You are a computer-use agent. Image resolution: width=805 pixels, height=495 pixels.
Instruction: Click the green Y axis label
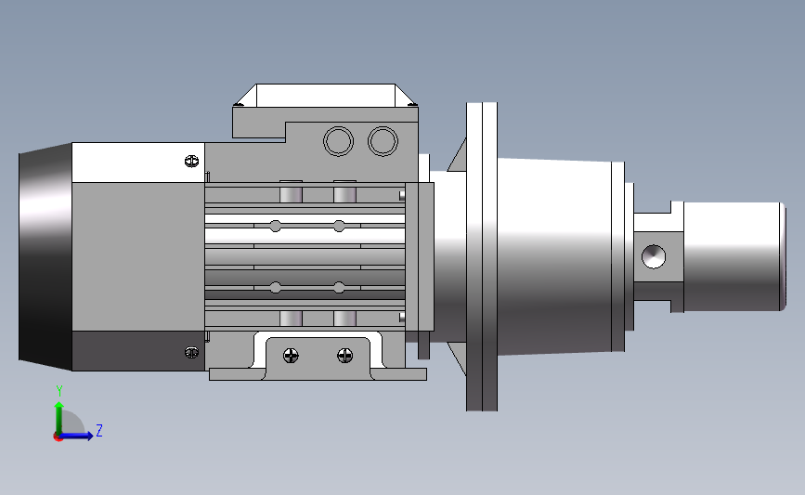59,391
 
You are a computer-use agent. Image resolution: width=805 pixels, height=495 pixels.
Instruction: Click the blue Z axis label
99,430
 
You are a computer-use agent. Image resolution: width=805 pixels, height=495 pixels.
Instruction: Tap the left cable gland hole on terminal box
338,141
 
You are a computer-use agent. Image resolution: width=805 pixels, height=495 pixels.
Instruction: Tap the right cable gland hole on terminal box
383,141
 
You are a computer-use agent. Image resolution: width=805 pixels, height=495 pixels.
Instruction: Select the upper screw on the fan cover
191,162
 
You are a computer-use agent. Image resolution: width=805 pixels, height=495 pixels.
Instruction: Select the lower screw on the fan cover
191,352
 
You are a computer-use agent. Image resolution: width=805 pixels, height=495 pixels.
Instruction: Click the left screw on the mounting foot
292,356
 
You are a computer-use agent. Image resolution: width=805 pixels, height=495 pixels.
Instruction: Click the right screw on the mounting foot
345,356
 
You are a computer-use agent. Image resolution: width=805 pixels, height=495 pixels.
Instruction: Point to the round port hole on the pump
654,256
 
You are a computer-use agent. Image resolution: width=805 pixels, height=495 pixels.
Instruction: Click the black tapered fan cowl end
45,256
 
